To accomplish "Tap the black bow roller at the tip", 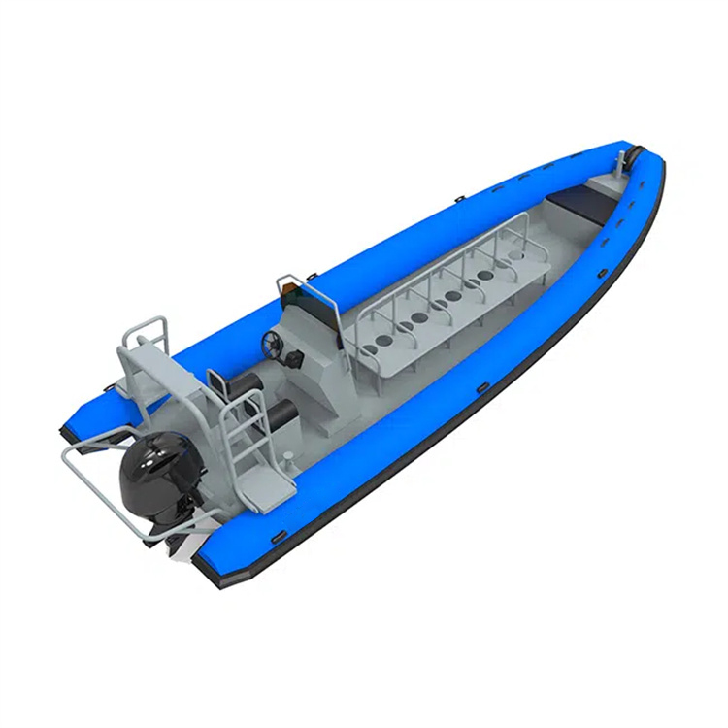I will pyautogui.click(x=637, y=154).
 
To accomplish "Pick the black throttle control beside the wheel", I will pyautogui.click(x=294, y=358).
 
